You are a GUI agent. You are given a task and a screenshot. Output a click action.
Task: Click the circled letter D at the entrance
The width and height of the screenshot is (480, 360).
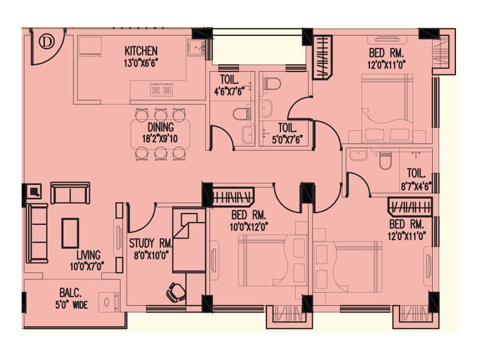pyautogui.click(x=46, y=41)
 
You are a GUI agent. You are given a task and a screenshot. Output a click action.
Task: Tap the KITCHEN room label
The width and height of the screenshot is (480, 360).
pyautogui.click(x=141, y=51)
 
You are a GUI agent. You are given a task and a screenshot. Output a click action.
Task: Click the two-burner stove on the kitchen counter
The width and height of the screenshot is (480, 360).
pyautogui.click(x=161, y=90)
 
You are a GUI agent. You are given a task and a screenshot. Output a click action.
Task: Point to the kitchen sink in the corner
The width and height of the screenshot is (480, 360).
pyautogui.click(x=197, y=47)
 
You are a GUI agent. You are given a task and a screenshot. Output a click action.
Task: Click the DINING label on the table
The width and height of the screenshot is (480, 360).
pyautogui.click(x=161, y=127)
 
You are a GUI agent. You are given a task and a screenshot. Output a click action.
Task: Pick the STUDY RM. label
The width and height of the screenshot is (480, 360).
pyautogui.click(x=151, y=244)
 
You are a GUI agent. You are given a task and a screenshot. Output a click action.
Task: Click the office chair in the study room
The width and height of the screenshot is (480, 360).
pyautogui.click(x=176, y=292)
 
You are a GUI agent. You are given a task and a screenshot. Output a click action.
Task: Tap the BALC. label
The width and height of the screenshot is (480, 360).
pyautogui.click(x=70, y=293)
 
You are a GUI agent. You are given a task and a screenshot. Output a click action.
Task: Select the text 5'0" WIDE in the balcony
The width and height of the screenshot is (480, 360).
pyautogui.click(x=71, y=305)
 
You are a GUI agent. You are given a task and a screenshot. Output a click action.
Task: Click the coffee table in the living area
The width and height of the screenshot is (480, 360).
pyautogui.click(x=70, y=233)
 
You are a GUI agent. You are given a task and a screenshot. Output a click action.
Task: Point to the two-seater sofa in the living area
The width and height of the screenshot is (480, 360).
pyautogui.click(x=70, y=193)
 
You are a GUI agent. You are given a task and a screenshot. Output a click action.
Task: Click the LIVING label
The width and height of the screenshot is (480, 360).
pyautogui.click(x=88, y=255)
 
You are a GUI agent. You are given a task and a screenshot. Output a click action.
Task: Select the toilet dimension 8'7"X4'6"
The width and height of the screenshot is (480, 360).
pyautogui.click(x=416, y=187)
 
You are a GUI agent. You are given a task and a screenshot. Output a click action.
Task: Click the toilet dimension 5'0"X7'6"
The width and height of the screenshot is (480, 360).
pyautogui.click(x=287, y=140)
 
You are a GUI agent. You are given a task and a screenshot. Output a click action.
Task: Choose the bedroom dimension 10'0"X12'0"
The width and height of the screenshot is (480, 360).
pyautogui.click(x=249, y=227)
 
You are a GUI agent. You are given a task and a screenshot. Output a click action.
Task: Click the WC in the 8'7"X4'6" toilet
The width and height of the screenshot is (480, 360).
pyautogui.click(x=385, y=160)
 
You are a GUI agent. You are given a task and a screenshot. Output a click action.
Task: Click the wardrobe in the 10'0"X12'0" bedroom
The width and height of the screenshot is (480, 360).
pyautogui.click(x=233, y=197)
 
